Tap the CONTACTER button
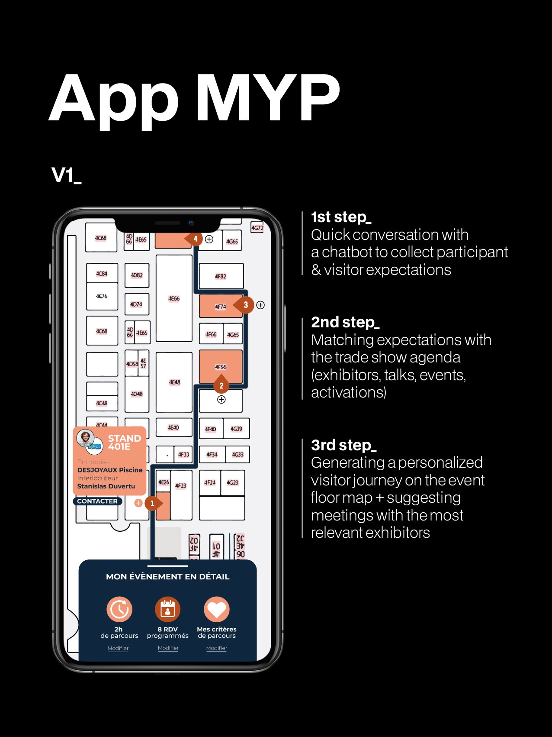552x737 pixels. click(97, 501)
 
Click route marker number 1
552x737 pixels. click(152, 503)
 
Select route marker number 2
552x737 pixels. click(221, 385)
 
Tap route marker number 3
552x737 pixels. click(245, 305)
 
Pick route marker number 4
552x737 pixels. click(195, 239)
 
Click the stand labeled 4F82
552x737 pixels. click(221, 276)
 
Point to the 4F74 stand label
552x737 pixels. click(220, 307)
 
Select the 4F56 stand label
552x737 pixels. click(221, 367)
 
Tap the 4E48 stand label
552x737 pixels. click(174, 382)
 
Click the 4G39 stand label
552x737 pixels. click(236, 429)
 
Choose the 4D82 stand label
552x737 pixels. click(137, 275)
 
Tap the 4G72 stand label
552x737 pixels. click(257, 228)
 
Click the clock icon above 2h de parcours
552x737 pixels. click(119, 609)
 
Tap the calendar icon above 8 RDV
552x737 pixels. click(167, 609)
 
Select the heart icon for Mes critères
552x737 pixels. click(217, 609)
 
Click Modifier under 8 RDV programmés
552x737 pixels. click(168, 648)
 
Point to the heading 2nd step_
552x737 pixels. click(345, 322)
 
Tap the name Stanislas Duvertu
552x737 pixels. click(106, 486)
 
